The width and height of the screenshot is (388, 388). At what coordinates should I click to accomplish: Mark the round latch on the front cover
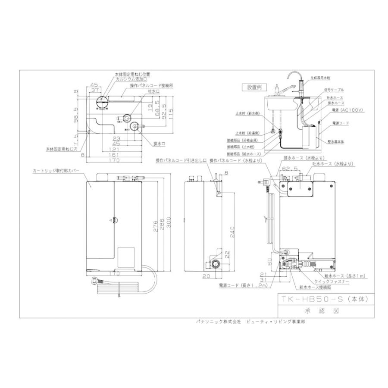point(113,219)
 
